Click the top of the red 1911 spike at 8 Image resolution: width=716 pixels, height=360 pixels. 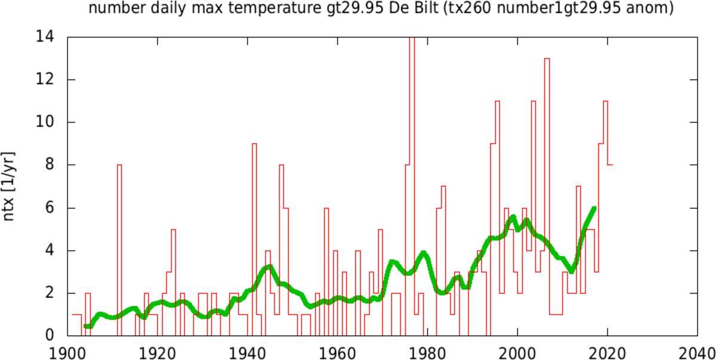(119, 165)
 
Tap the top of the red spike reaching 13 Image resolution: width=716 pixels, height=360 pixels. (547, 59)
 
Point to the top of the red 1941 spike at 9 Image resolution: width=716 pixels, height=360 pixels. (254, 144)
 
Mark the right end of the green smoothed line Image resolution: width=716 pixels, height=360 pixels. (594, 208)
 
